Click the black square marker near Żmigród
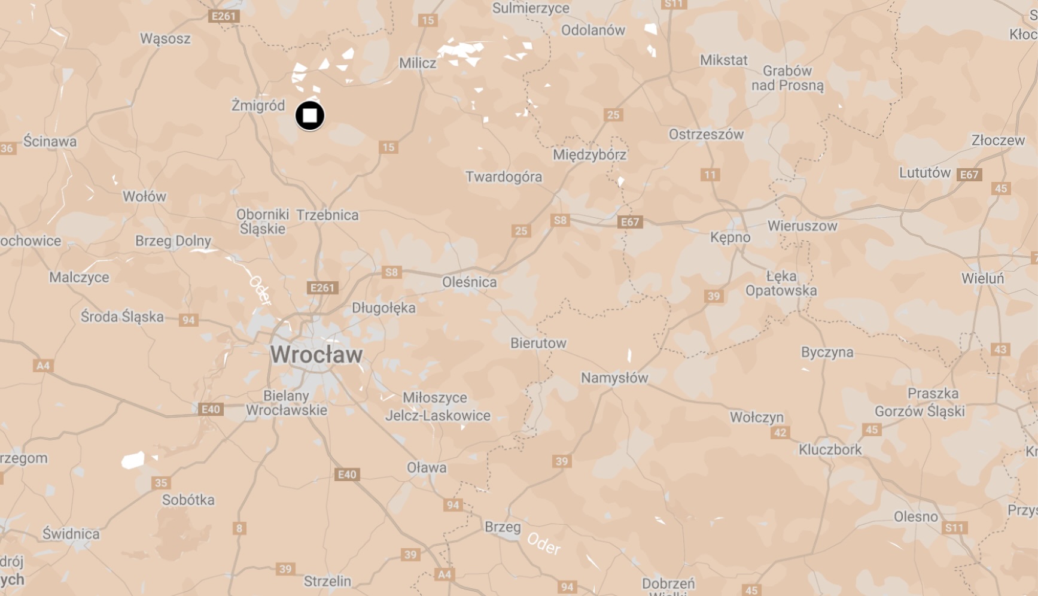point(310,115)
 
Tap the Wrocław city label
point(316,354)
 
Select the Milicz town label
point(418,63)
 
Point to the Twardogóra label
point(504,177)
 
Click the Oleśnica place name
point(469,282)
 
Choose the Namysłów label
point(614,378)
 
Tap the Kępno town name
point(730,238)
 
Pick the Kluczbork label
point(830,449)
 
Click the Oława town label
point(427,467)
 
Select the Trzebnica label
point(328,215)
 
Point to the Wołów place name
point(144,196)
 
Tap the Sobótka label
point(188,500)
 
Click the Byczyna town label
point(827,352)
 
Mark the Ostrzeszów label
point(706,134)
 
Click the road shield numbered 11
point(710,175)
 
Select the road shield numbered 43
point(1000,349)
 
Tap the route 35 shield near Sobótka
point(161,483)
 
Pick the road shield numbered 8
point(239,528)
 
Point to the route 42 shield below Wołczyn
point(780,433)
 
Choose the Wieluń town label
point(982,278)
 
